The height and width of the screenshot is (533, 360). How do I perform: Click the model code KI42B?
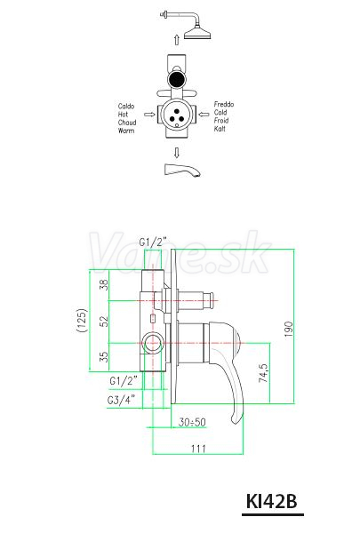coord(271,501)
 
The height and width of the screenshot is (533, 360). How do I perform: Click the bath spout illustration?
coord(182,170)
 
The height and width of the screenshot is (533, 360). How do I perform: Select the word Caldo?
coord(126,107)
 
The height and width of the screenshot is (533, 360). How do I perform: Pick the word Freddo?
coord(224,104)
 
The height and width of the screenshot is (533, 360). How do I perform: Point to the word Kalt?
coord(220,129)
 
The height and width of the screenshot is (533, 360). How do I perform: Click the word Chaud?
coord(127,123)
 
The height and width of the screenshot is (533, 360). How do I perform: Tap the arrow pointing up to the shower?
coord(176,39)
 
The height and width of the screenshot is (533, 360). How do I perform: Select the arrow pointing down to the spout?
coord(176,153)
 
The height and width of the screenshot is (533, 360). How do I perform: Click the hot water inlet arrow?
coord(149,115)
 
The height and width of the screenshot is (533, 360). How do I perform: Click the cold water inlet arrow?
coord(204,115)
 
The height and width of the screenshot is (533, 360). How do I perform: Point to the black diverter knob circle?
coord(176,78)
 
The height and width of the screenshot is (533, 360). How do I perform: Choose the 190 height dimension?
coord(288,329)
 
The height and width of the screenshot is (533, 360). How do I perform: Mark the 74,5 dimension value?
coord(263,373)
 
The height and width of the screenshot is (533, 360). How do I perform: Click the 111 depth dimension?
coord(198,449)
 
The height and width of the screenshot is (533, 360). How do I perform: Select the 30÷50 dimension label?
coord(192,422)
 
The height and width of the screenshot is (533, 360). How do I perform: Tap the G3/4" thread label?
coord(121,400)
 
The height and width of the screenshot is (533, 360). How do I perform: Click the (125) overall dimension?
coord(82,320)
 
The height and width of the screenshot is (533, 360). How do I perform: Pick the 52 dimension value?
coord(105,322)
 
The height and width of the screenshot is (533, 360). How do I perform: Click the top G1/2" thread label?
coord(153,242)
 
